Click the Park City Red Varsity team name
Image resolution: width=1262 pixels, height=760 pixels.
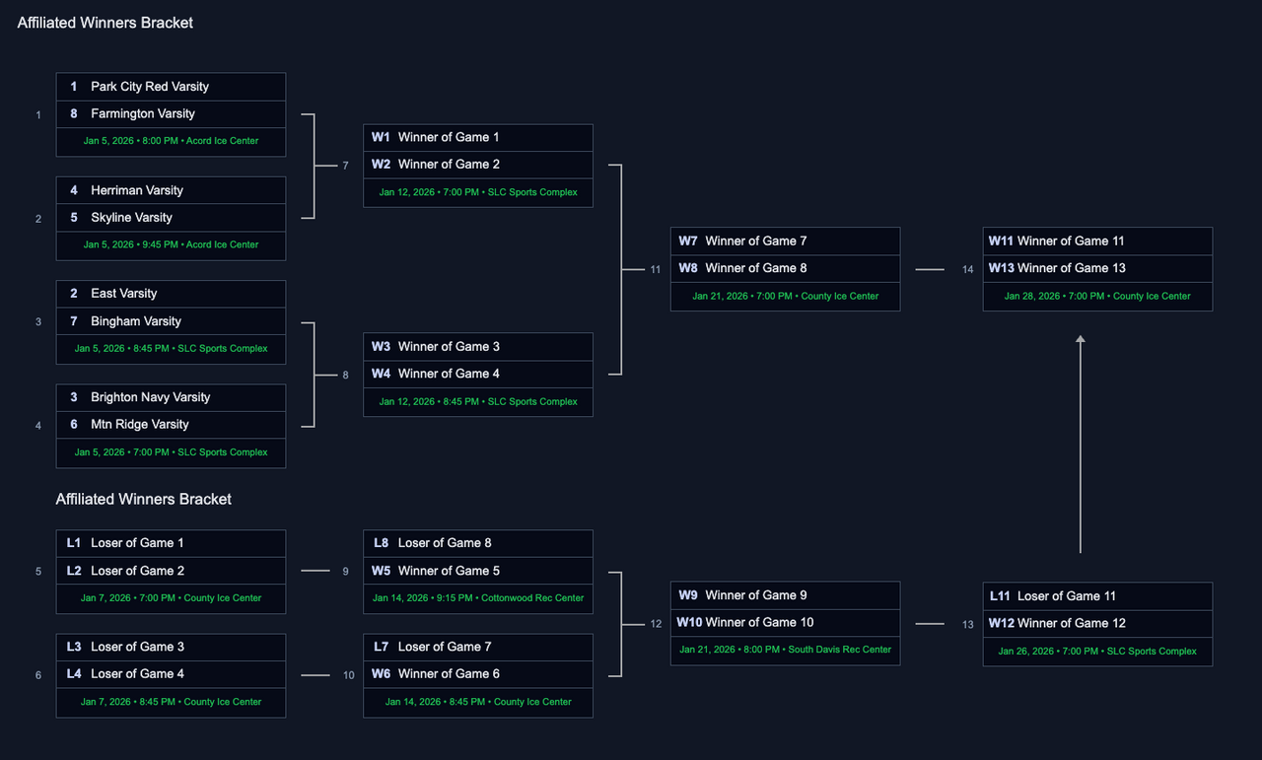(x=150, y=87)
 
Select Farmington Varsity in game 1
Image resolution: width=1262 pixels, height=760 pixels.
(x=143, y=113)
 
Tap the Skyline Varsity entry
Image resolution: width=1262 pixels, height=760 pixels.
(x=131, y=218)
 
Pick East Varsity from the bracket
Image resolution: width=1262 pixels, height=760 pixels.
(x=124, y=294)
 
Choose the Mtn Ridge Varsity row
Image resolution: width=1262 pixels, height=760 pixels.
(x=140, y=425)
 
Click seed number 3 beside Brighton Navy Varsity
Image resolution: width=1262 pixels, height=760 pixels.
(x=74, y=397)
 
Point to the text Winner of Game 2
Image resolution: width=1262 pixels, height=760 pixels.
(x=449, y=165)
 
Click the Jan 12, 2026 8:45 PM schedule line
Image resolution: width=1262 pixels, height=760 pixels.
(x=478, y=402)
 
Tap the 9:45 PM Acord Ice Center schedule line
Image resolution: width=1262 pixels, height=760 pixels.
(x=171, y=245)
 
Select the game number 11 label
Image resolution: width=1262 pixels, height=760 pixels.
(x=656, y=269)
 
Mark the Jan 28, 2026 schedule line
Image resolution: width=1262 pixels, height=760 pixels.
(x=1097, y=297)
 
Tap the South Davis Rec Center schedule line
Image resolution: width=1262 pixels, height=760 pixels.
(x=785, y=651)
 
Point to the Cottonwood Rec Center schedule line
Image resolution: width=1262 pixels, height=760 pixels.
(x=478, y=598)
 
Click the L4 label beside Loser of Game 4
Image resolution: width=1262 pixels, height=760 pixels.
(x=74, y=674)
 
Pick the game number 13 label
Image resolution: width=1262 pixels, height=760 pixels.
(x=968, y=625)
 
